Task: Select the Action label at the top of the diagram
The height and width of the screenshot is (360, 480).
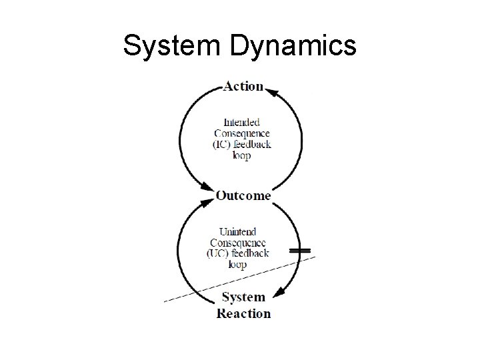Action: [x=243, y=87]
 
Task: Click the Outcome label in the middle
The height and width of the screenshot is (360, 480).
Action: [x=243, y=196]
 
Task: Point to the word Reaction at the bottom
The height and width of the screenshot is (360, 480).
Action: [x=244, y=313]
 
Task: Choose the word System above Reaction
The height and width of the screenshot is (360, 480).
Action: [x=243, y=297]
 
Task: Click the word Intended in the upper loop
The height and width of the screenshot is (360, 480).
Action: [x=242, y=123]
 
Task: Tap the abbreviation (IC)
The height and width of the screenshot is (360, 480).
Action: [x=224, y=145]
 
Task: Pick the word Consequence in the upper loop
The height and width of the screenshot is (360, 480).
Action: [x=242, y=133]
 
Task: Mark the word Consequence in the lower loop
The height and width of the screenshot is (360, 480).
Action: [x=239, y=243]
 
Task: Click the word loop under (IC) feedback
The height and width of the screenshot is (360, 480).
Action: [x=242, y=155]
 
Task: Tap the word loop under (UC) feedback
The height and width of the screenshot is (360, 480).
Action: [x=238, y=264]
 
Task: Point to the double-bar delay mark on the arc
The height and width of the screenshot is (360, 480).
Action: [x=300, y=251]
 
